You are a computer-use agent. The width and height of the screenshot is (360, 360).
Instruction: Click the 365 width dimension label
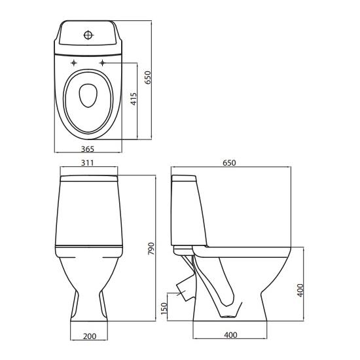tap(88, 149)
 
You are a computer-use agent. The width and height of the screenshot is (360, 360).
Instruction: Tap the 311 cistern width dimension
tap(88, 163)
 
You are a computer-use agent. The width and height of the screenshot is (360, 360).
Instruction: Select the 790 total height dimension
tap(151, 249)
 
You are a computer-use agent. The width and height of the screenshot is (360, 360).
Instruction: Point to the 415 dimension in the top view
tap(134, 99)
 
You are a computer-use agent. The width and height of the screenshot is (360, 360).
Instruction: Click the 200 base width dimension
tap(90, 336)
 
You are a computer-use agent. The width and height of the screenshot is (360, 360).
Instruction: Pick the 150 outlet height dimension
tap(164, 308)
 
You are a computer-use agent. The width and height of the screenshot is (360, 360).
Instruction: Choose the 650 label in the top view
tap(149, 77)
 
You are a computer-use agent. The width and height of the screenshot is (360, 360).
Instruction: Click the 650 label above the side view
tap(229, 163)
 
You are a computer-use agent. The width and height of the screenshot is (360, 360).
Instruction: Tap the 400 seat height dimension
tap(300, 291)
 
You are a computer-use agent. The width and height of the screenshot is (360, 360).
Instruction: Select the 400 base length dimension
tap(230, 335)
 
